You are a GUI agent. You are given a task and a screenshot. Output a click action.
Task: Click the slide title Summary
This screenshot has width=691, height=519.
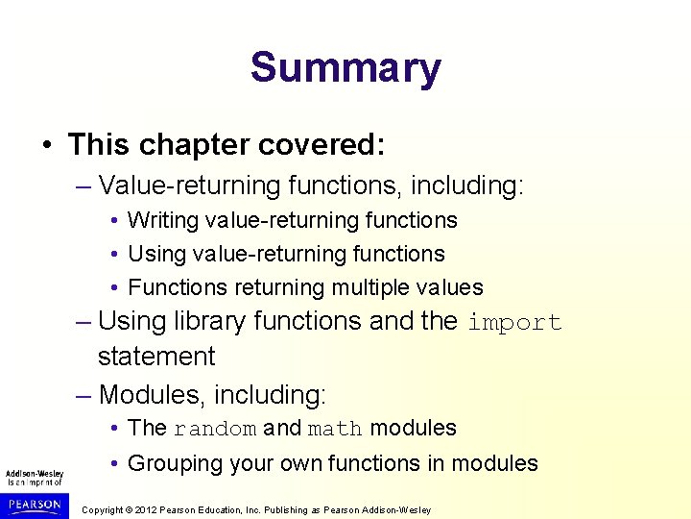point(345,68)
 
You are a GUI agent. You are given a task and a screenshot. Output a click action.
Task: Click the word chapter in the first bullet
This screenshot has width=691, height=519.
point(188,145)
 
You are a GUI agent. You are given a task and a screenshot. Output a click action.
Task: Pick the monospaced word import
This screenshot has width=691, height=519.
point(514,322)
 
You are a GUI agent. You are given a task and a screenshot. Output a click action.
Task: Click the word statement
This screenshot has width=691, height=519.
point(156,357)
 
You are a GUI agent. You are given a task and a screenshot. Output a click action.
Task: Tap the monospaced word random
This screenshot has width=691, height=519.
point(215,429)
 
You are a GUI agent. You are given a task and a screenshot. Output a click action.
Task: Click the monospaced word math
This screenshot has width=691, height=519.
point(335,429)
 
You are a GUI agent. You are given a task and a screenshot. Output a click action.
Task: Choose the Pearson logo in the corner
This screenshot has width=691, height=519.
point(34,504)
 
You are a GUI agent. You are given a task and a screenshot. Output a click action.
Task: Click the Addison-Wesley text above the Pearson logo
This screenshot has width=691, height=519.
point(34,474)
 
